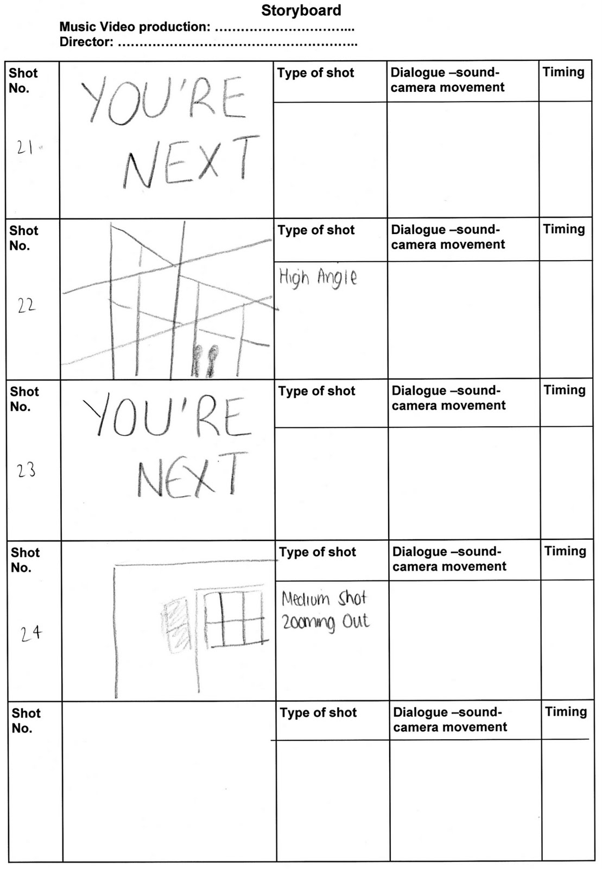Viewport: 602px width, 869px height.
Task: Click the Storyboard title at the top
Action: [301, 10]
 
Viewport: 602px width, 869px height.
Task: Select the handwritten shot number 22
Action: [26, 306]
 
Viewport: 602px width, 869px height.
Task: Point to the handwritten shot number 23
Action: [26, 469]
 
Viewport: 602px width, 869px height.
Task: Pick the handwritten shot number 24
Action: [31, 633]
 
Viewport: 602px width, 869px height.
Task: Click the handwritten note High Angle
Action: [318, 278]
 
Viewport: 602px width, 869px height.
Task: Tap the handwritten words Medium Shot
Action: [324, 599]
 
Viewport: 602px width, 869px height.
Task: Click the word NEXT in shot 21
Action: [190, 161]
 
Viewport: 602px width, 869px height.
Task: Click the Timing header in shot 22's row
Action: [564, 229]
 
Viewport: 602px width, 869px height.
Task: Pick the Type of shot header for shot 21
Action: [315, 73]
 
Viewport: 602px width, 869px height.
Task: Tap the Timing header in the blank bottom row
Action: [566, 711]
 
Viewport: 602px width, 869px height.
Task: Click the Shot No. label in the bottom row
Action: [26, 720]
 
